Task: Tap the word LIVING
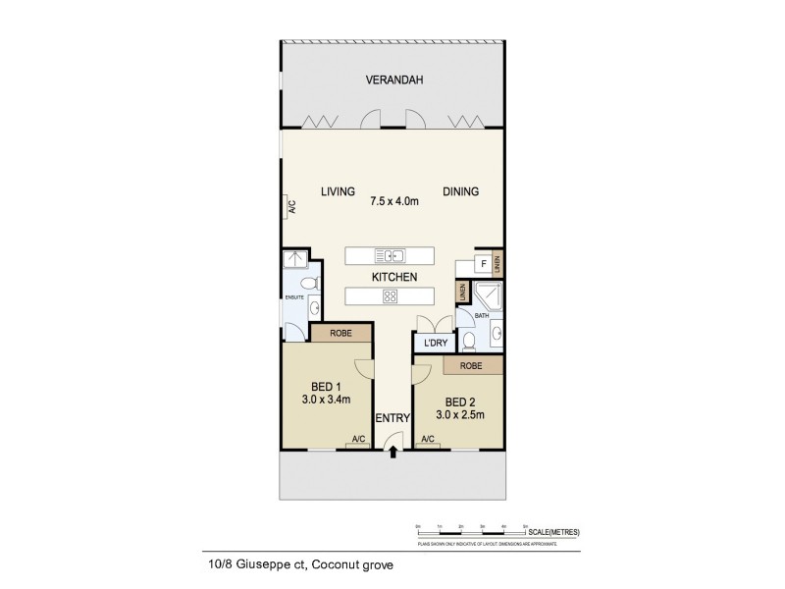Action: click(338, 191)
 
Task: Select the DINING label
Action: click(460, 191)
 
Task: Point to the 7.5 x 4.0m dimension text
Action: click(394, 202)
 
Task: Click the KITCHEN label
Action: click(394, 277)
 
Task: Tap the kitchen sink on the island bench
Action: click(391, 256)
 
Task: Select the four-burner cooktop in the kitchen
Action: click(390, 297)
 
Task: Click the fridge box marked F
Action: click(483, 264)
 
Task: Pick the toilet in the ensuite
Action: click(308, 285)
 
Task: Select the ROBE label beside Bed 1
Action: click(341, 333)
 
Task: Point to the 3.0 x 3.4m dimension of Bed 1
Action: click(319, 400)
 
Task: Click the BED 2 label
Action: click(461, 402)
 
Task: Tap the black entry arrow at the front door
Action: click(393, 453)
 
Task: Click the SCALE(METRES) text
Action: click(555, 531)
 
